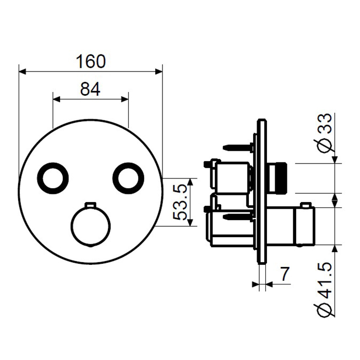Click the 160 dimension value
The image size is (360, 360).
tap(91, 62)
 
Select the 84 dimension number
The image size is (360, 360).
tap(90, 89)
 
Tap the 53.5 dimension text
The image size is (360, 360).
tap(180, 203)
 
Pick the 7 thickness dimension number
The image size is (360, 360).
tap(285, 274)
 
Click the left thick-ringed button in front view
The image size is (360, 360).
tap(53, 178)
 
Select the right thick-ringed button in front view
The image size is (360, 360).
tap(128, 178)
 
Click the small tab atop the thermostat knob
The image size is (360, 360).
tap(91, 204)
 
